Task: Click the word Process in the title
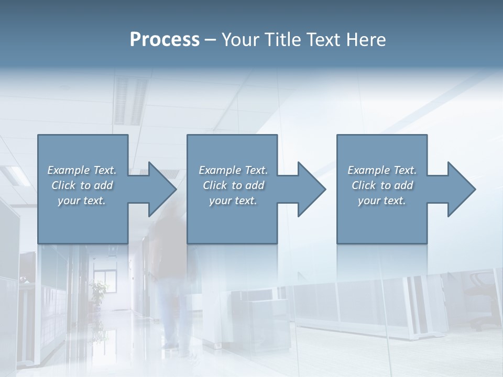click(x=165, y=39)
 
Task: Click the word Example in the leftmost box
click(x=69, y=170)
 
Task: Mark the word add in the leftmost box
click(x=104, y=185)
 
